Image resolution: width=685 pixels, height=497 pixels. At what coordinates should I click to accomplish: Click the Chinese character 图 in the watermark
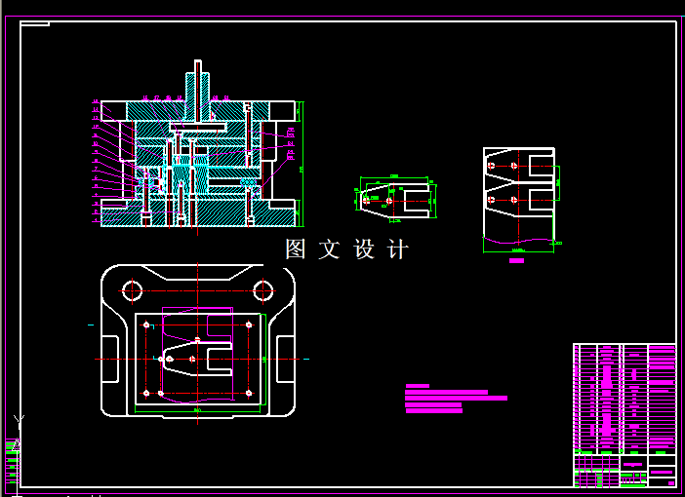click(x=296, y=249)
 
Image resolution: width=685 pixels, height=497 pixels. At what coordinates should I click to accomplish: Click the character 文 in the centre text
click(x=329, y=249)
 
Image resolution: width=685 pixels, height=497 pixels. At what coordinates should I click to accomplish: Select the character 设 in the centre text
click(x=364, y=249)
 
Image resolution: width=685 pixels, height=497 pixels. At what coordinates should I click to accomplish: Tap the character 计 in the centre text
click(x=398, y=249)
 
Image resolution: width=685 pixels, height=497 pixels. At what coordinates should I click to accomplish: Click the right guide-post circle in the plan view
click(x=262, y=289)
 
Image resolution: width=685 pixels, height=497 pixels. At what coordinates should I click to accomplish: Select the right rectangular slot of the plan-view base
click(x=285, y=360)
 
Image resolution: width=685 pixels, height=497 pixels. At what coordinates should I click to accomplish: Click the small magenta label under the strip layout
click(x=516, y=261)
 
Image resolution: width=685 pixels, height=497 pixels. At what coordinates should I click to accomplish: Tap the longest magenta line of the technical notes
click(x=456, y=399)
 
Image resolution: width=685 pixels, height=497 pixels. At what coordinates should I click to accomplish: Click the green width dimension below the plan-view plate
click(x=198, y=411)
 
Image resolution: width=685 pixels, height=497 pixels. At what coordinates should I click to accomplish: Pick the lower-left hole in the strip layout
click(x=490, y=200)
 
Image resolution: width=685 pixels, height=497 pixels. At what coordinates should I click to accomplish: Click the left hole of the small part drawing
click(x=366, y=201)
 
